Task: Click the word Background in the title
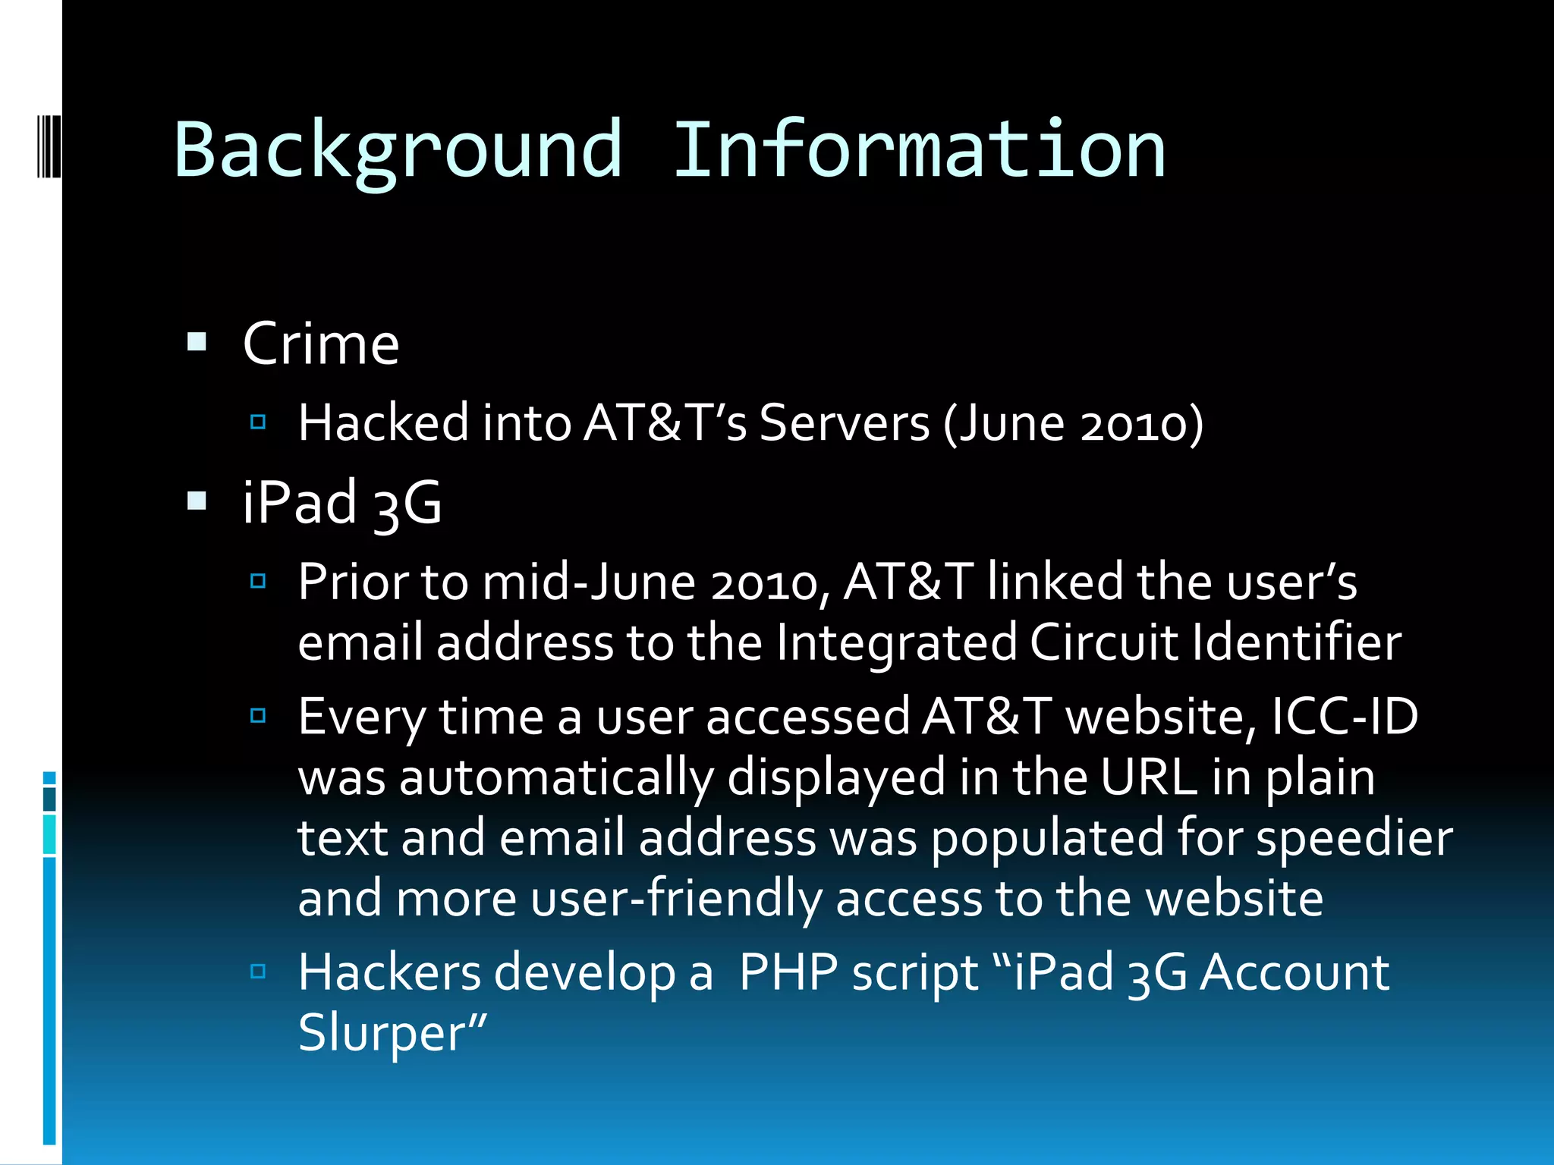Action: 398,149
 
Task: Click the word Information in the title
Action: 919,149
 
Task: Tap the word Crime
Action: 321,344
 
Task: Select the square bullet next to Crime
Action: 197,343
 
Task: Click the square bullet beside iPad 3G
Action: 197,501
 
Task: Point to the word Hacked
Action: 383,422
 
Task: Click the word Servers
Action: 844,422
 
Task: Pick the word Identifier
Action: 1296,643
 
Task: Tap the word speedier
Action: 1354,839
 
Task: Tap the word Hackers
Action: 389,972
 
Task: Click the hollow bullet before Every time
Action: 258,715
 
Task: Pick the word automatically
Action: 556,778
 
